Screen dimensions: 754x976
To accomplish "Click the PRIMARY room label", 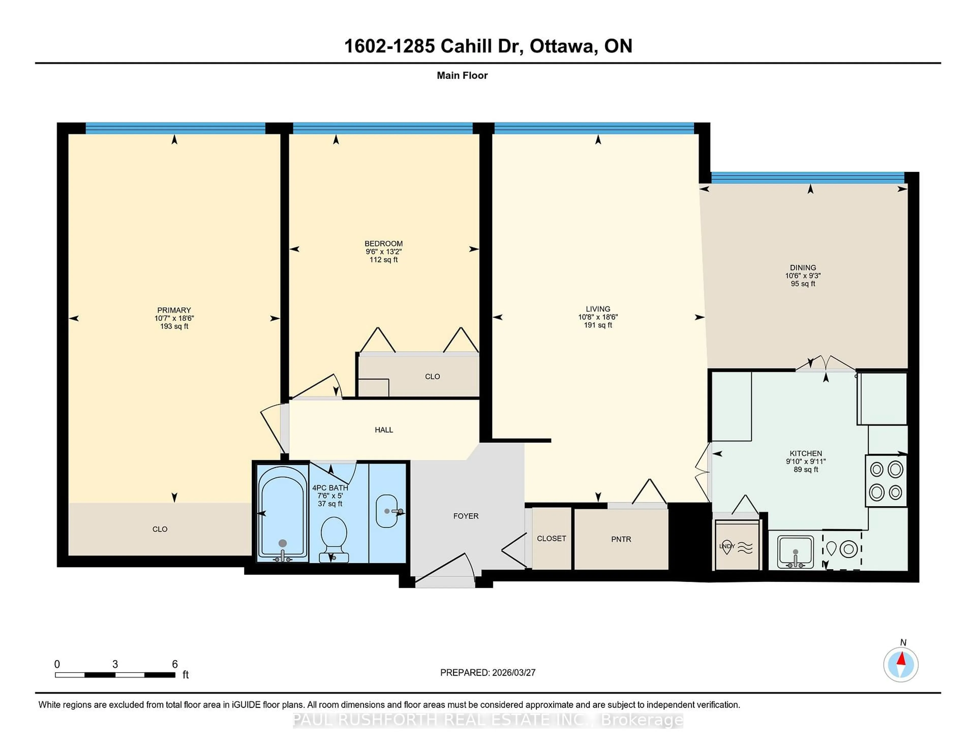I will (174, 310).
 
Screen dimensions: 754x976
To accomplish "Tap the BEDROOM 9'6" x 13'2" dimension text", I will (384, 252).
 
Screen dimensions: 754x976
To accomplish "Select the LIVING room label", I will (598, 309).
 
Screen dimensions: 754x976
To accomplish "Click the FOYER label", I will (466, 516).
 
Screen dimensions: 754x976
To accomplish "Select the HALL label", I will (384, 430).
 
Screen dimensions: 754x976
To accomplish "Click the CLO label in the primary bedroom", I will (160, 529).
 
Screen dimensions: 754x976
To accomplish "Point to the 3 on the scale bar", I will (115, 664).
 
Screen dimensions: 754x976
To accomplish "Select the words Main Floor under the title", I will (462, 75).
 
